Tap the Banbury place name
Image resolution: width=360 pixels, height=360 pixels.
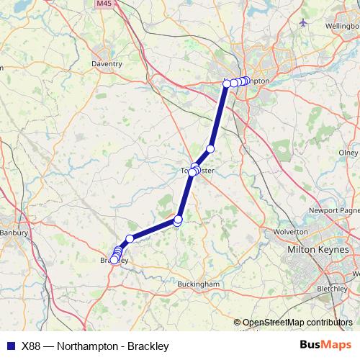pos(13,233)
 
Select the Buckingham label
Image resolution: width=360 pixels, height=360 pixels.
pos(198,284)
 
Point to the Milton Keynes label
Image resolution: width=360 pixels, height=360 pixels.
pos(318,249)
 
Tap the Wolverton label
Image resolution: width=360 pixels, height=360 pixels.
pos(291,232)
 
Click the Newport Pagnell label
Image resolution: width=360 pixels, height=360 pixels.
pos(333,210)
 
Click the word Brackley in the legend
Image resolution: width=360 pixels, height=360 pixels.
pos(146,345)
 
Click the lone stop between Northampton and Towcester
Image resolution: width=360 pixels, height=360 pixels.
pos(210,149)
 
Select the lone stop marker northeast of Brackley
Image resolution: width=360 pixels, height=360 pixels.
pos(130,238)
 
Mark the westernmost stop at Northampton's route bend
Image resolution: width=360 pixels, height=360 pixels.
pos(227,84)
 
